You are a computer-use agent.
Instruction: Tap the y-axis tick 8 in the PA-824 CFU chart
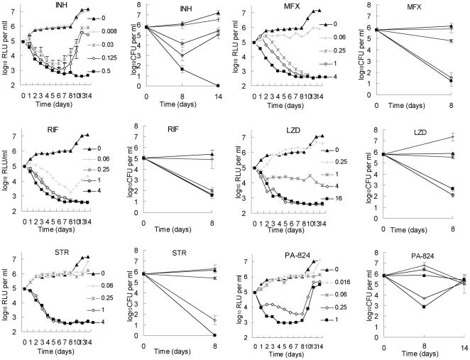[375, 251]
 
